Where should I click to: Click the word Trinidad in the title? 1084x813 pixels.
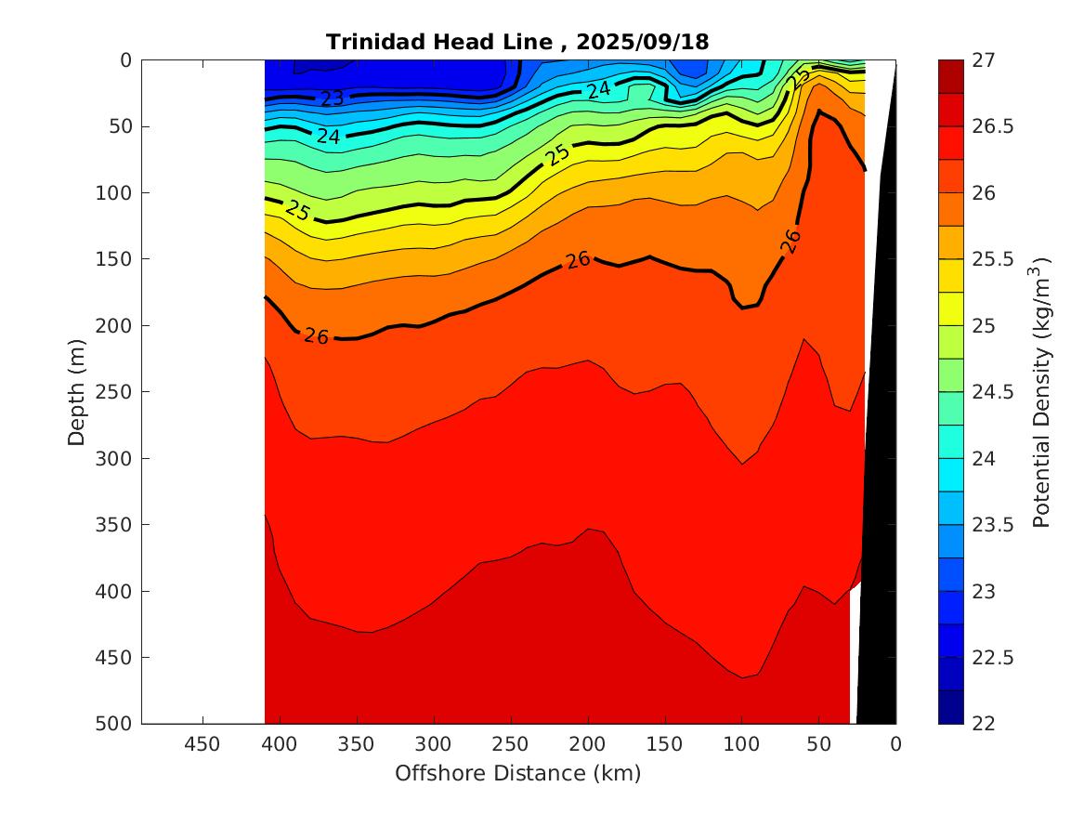(367, 42)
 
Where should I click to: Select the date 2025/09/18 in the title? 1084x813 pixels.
(643, 42)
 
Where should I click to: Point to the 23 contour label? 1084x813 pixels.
(333, 98)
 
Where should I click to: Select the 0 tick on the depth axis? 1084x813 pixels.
(125, 60)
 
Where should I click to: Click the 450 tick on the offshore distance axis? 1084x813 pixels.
(202, 744)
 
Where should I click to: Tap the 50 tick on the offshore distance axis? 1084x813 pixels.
(818, 744)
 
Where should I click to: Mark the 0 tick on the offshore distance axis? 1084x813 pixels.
(895, 744)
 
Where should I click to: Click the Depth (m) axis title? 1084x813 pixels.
(78, 392)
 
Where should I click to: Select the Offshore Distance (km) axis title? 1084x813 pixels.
(518, 773)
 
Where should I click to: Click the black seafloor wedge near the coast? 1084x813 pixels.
(881, 465)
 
